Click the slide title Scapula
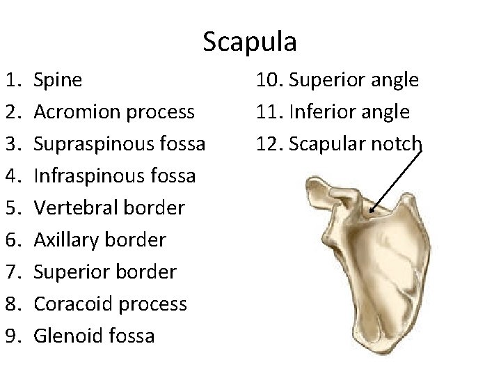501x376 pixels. point(250,42)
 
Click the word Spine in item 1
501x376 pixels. point(58,80)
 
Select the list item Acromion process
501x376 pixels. point(114,112)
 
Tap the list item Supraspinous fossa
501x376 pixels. point(119,144)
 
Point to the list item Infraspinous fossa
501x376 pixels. point(114,176)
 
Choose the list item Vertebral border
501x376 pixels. point(109,208)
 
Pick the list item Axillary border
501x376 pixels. point(100,240)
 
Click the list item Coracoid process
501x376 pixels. point(111,304)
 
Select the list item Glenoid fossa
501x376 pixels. point(95,336)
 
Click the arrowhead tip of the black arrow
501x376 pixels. point(372,210)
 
